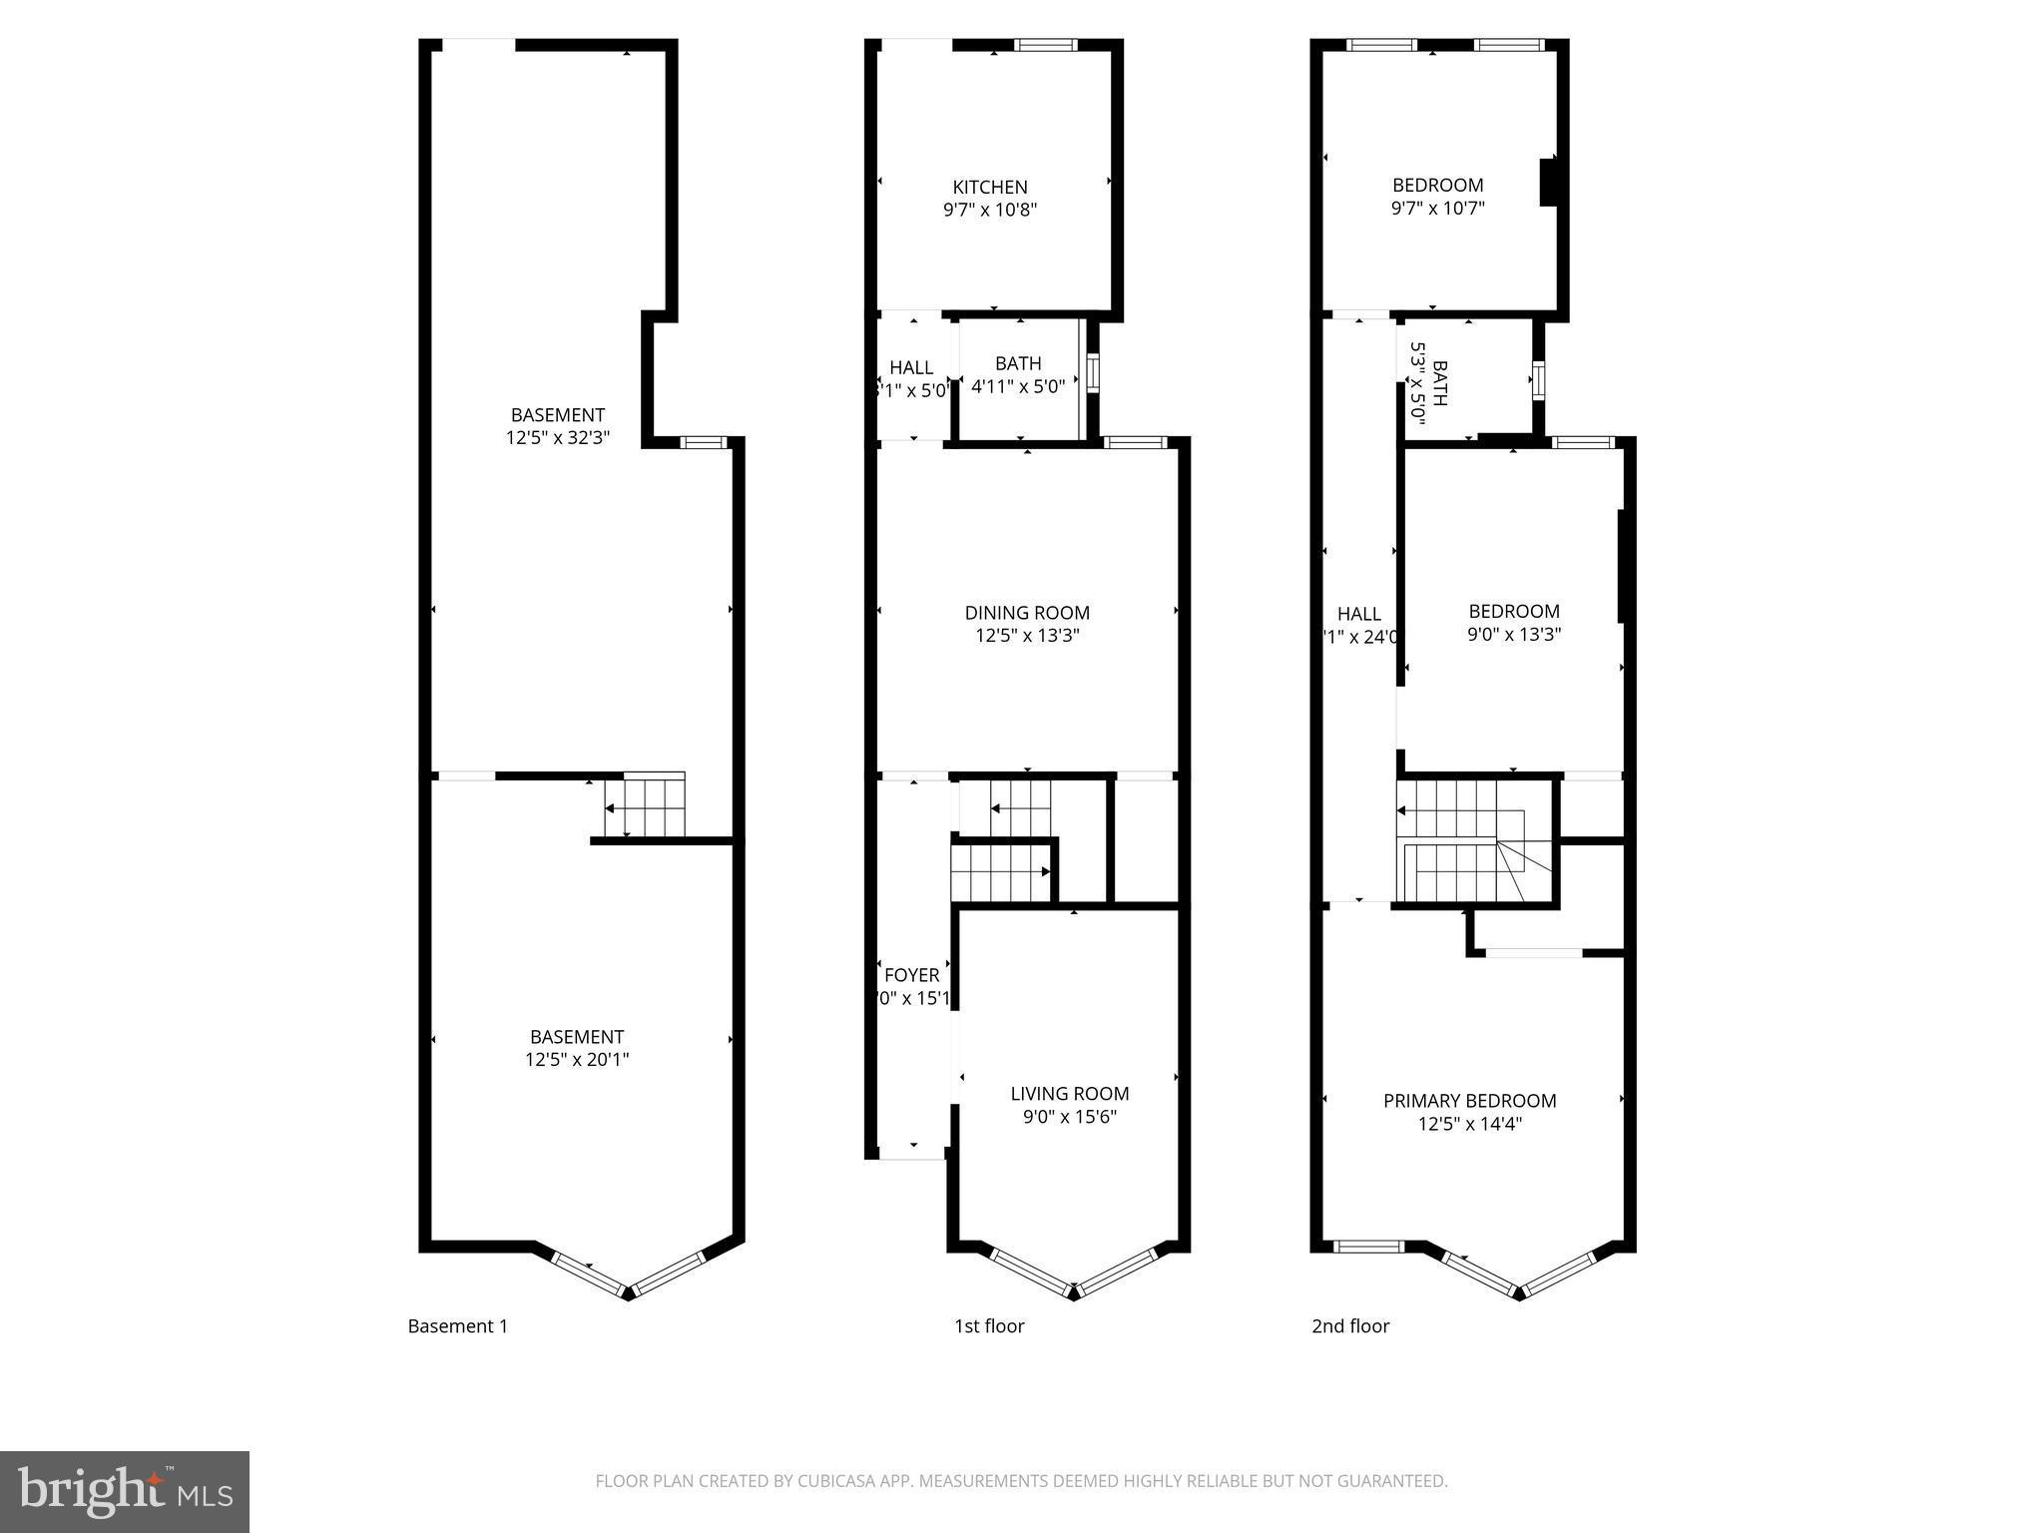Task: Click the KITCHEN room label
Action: [x=989, y=187]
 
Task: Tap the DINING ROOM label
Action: [x=1027, y=613]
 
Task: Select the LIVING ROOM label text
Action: [x=1069, y=1094]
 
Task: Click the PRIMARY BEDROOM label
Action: [x=1469, y=1101]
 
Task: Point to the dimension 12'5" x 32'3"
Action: [x=557, y=437]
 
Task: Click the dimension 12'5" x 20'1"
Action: [x=577, y=1060]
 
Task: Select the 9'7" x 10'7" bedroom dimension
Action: [x=1437, y=209]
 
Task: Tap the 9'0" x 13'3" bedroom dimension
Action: [x=1513, y=634]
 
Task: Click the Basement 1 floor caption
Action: [x=457, y=1326]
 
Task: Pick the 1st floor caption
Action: [x=988, y=1326]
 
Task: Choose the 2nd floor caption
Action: [x=1349, y=1326]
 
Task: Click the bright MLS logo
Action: [x=125, y=1492]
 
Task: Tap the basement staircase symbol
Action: [x=645, y=805]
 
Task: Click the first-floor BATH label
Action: [x=1018, y=363]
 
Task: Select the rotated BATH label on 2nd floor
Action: [x=1439, y=384]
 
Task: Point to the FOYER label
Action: [x=911, y=975]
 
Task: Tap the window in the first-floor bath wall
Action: [x=1093, y=374]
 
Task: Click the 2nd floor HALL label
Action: [x=1358, y=614]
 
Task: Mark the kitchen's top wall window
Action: [x=1046, y=44]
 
